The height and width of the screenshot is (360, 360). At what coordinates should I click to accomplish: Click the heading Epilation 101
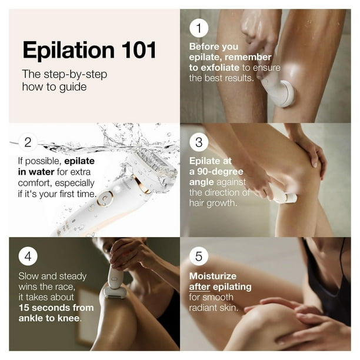pos(89,50)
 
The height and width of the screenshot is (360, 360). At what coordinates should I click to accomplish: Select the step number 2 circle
pos(29,142)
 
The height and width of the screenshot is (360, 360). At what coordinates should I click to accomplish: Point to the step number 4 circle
pos(29,257)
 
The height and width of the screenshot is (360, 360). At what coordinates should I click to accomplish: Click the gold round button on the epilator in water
pos(105,199)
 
